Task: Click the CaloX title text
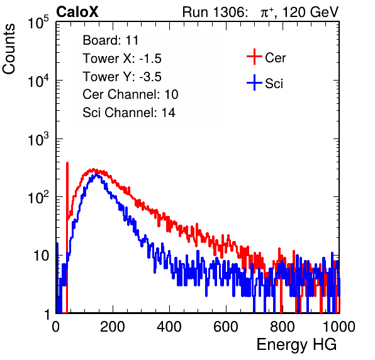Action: tap(77, 12)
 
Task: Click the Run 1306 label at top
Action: tap(215, 12)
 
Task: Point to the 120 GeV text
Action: tap(311, 12)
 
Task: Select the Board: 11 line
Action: tap(111, 40)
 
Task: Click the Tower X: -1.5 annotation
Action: tap(122, 59)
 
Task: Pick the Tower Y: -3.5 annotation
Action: tap(122, 77)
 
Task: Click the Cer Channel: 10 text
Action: tap(130, 94)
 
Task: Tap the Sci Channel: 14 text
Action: tap(129, 113)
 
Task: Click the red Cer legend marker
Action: tap(254, 57)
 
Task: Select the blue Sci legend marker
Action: tap(254, 83)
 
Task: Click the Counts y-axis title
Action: tap(9, 49)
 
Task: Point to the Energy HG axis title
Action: tap(296, 345)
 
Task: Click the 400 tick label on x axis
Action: tap(169, 327)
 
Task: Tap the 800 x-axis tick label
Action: tap(283, 327)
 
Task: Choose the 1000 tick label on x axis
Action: tap(339, 327)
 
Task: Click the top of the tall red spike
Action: tap(67, 163)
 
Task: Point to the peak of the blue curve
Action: tap(97, 174)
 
